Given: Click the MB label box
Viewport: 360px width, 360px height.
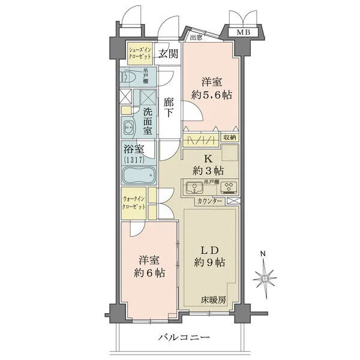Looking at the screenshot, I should click(x=242, y=32).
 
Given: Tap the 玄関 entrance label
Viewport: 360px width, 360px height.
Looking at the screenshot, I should click(x=169, y=54).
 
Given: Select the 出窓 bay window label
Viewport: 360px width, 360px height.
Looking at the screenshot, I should click(x=196, y=38).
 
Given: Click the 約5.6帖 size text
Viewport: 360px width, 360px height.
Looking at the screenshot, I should click(x=212, y=95).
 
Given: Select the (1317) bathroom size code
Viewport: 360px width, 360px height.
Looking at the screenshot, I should click(x=134, y=161).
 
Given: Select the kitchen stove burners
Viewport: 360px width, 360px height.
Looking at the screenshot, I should click(x=229, y=186).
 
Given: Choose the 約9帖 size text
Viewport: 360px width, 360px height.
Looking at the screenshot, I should click(x=210, y=262).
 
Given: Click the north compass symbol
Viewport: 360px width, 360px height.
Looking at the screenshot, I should click(x=265, y=277).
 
